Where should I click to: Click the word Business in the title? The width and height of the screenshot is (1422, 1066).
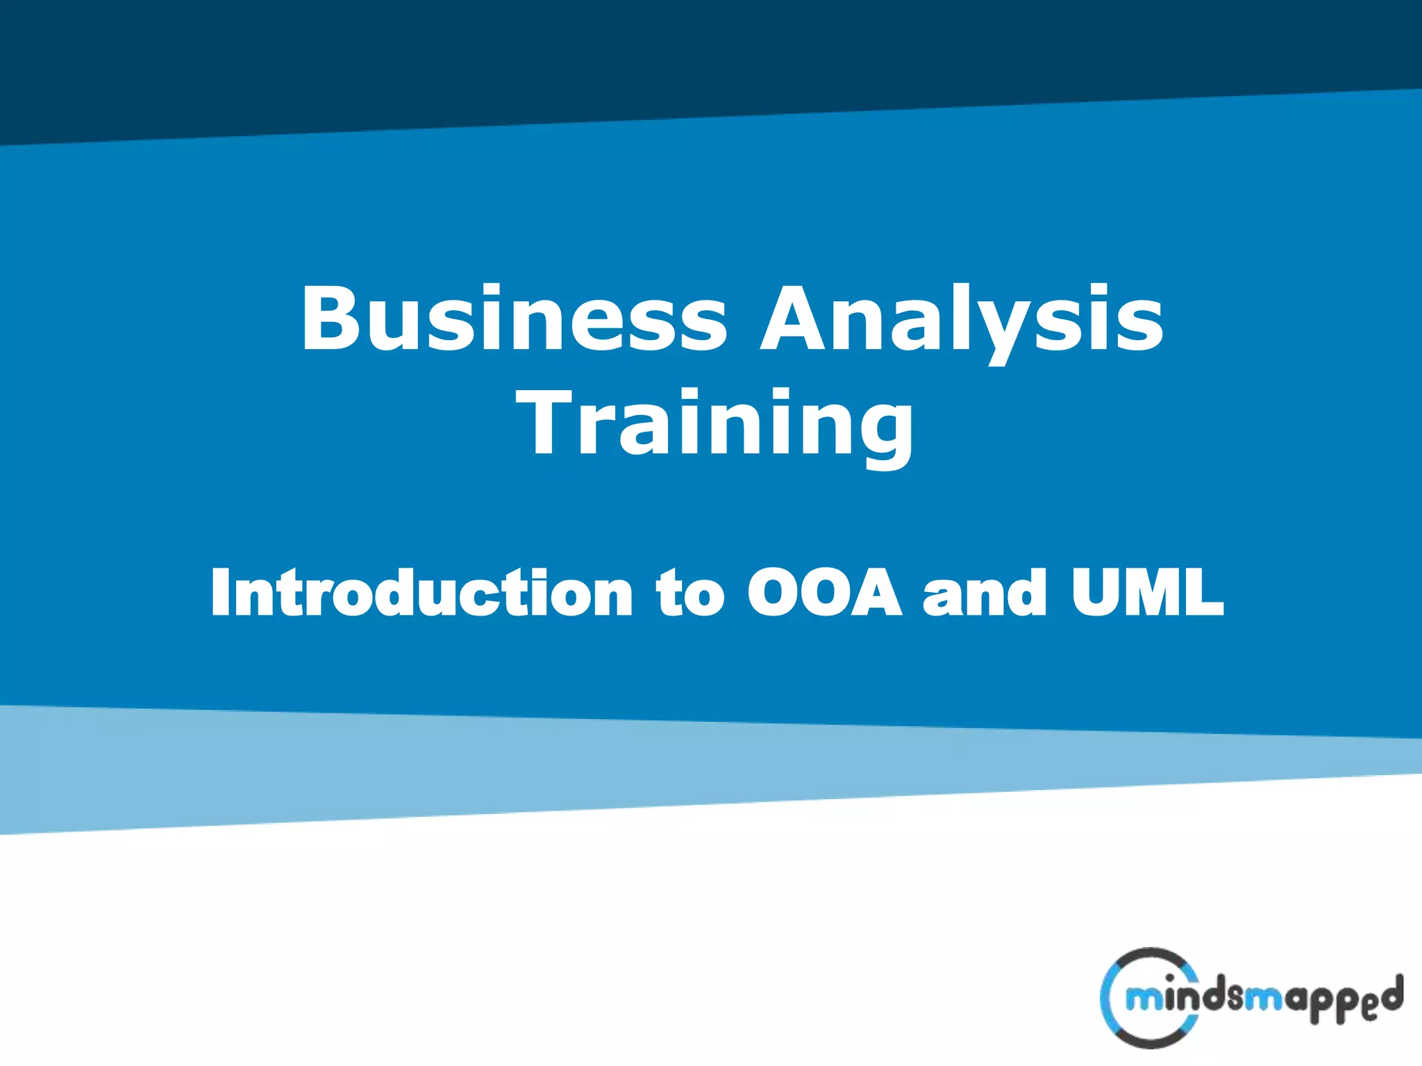(514, 319)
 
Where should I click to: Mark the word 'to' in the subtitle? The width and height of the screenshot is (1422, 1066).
(690, 593)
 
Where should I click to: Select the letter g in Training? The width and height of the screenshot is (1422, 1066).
(882, 434)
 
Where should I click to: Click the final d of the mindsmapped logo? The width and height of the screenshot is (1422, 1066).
(1391, 994)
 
